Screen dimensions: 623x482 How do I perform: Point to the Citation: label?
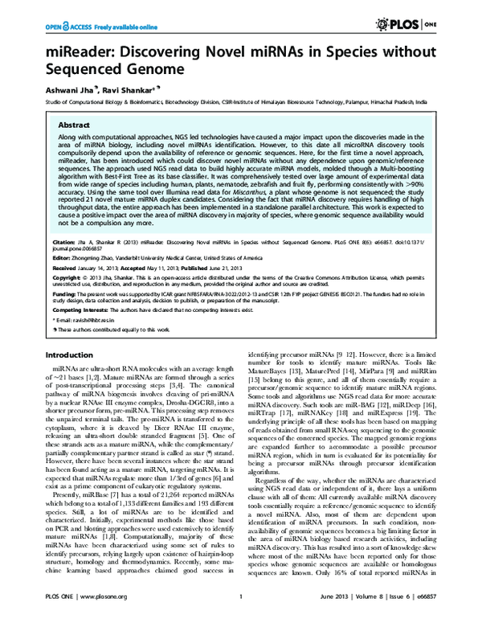click(x=63, y=240)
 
